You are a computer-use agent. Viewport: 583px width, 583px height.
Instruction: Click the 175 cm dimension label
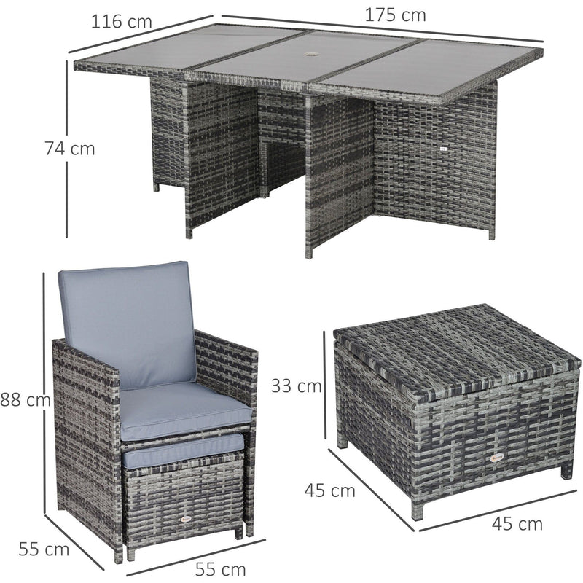click(395, 15)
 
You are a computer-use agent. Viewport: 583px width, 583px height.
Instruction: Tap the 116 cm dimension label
click(122, 22)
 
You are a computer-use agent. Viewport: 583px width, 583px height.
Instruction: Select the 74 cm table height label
click(70, 149)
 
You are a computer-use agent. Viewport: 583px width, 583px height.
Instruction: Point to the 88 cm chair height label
click(26, 400)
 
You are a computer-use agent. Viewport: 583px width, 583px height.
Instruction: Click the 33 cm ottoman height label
click(296, 386)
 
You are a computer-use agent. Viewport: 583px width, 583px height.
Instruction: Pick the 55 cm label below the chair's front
click(221, 570)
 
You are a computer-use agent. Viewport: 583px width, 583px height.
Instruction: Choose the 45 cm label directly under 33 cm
click(330, 490)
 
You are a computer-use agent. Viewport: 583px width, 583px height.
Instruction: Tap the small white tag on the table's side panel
click(443, 149)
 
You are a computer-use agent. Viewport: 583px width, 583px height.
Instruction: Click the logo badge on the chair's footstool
click(185, 518)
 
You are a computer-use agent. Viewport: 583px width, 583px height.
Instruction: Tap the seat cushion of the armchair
click(185, 411)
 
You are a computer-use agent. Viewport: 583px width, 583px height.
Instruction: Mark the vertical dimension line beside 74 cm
click(67, 149)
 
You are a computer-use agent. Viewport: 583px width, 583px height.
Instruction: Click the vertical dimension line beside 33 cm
click(324, 385)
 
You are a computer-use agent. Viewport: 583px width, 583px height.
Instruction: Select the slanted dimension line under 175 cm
click(382, 28)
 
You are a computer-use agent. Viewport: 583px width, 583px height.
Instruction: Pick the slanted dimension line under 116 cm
click(140, 34)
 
